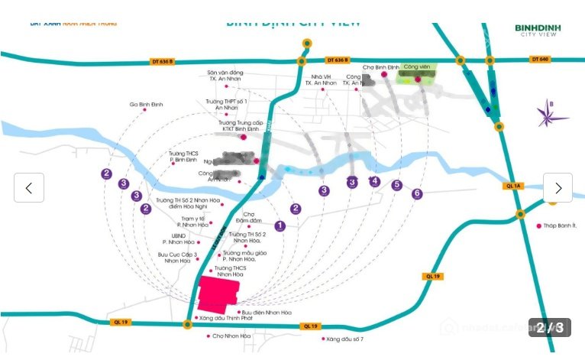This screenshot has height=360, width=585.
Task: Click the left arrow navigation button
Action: pyautogui.click(x=29, y=188)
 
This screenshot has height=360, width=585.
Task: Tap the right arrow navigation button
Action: pyautogui.click(x=558, y=188)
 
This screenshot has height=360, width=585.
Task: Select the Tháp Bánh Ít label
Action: pyautogui.click(x=561, y=225)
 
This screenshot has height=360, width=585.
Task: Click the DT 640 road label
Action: pyautogui.click(x=540, y=59)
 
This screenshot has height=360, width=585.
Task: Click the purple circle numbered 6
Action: pyautogui.click(x=417, y=193)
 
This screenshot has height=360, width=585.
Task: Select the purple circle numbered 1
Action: pyautogui.click(x=280, y=225)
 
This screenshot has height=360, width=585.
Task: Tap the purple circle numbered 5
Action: pyautogui.click(x=396, y=184)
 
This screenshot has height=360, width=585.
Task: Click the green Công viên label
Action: pyautogui.click(x=416, y=67)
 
